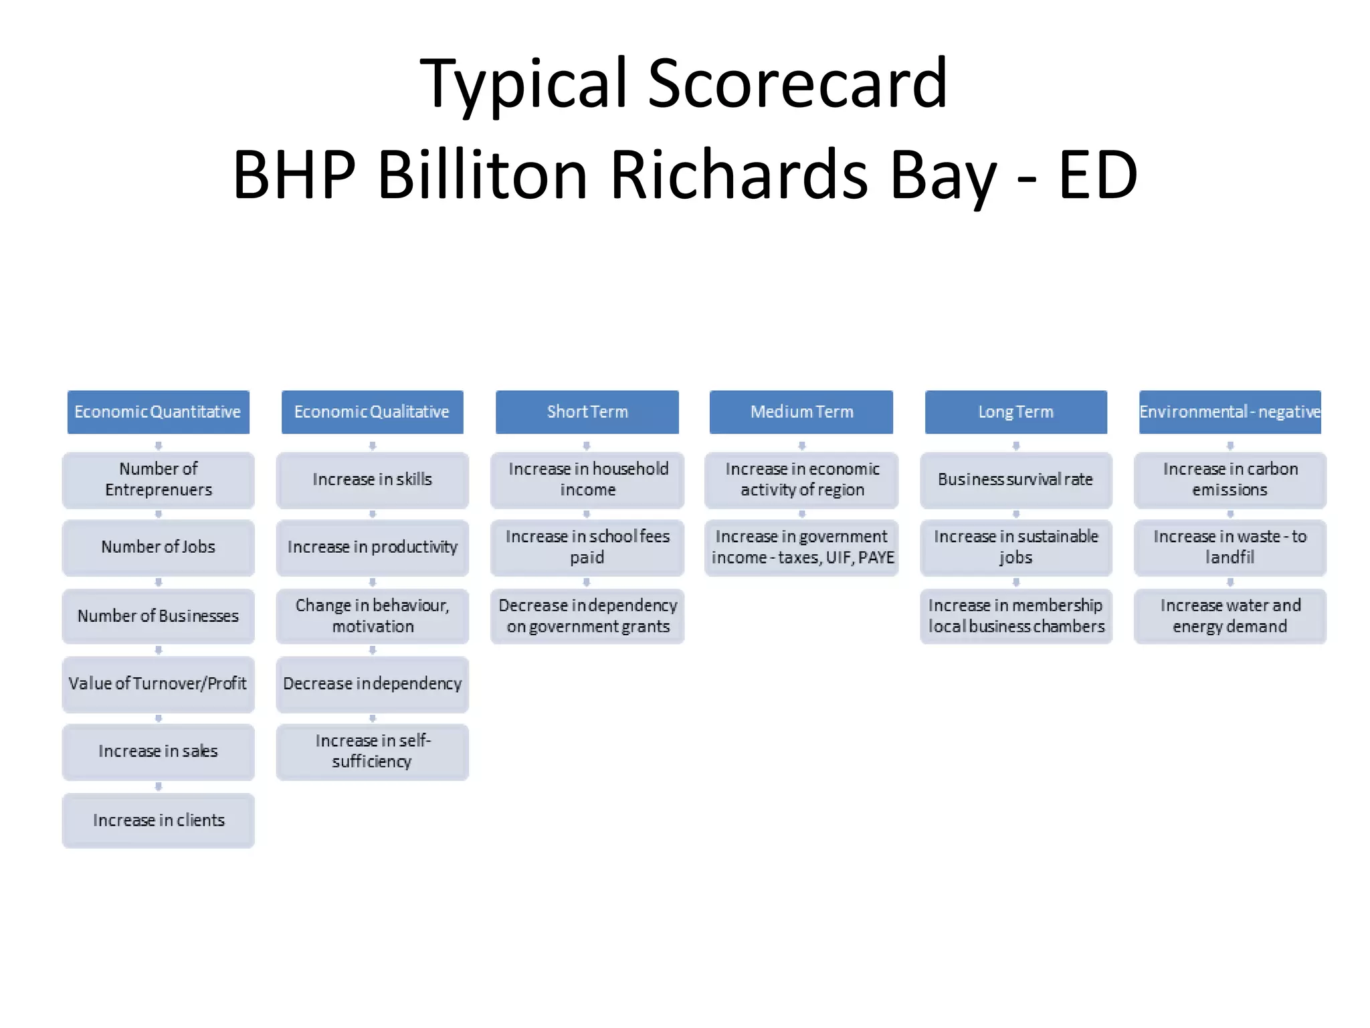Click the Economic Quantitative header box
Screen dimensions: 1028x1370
pos(158,412)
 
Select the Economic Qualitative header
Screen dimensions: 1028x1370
pos(372,412)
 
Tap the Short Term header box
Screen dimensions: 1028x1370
pos(587,412)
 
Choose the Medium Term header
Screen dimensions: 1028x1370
pos(801,412)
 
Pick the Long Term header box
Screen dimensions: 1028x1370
pos(1015,412)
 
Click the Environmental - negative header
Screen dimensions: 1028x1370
pos(1230,412)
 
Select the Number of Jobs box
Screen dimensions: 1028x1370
pos(158,547)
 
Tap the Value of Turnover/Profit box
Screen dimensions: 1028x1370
pos(158,683)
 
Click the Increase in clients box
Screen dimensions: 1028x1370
pos(158,820)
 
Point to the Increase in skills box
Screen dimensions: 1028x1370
pos(372,479)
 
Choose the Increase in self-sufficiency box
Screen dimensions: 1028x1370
pos(372,751)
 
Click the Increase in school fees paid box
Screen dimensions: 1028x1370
pos(587,547)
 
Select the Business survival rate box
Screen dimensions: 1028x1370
pos(1015,479)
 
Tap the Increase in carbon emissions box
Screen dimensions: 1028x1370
pos(1230,479)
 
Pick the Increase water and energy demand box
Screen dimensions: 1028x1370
pos(1230,616)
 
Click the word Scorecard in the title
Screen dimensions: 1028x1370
pos(797,83)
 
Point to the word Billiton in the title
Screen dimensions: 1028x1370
pos(482,175)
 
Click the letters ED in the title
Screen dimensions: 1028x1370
pos(1098,175)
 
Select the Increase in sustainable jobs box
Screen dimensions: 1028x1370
pos(1015,547)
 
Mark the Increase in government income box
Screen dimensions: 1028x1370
pos(801,547)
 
